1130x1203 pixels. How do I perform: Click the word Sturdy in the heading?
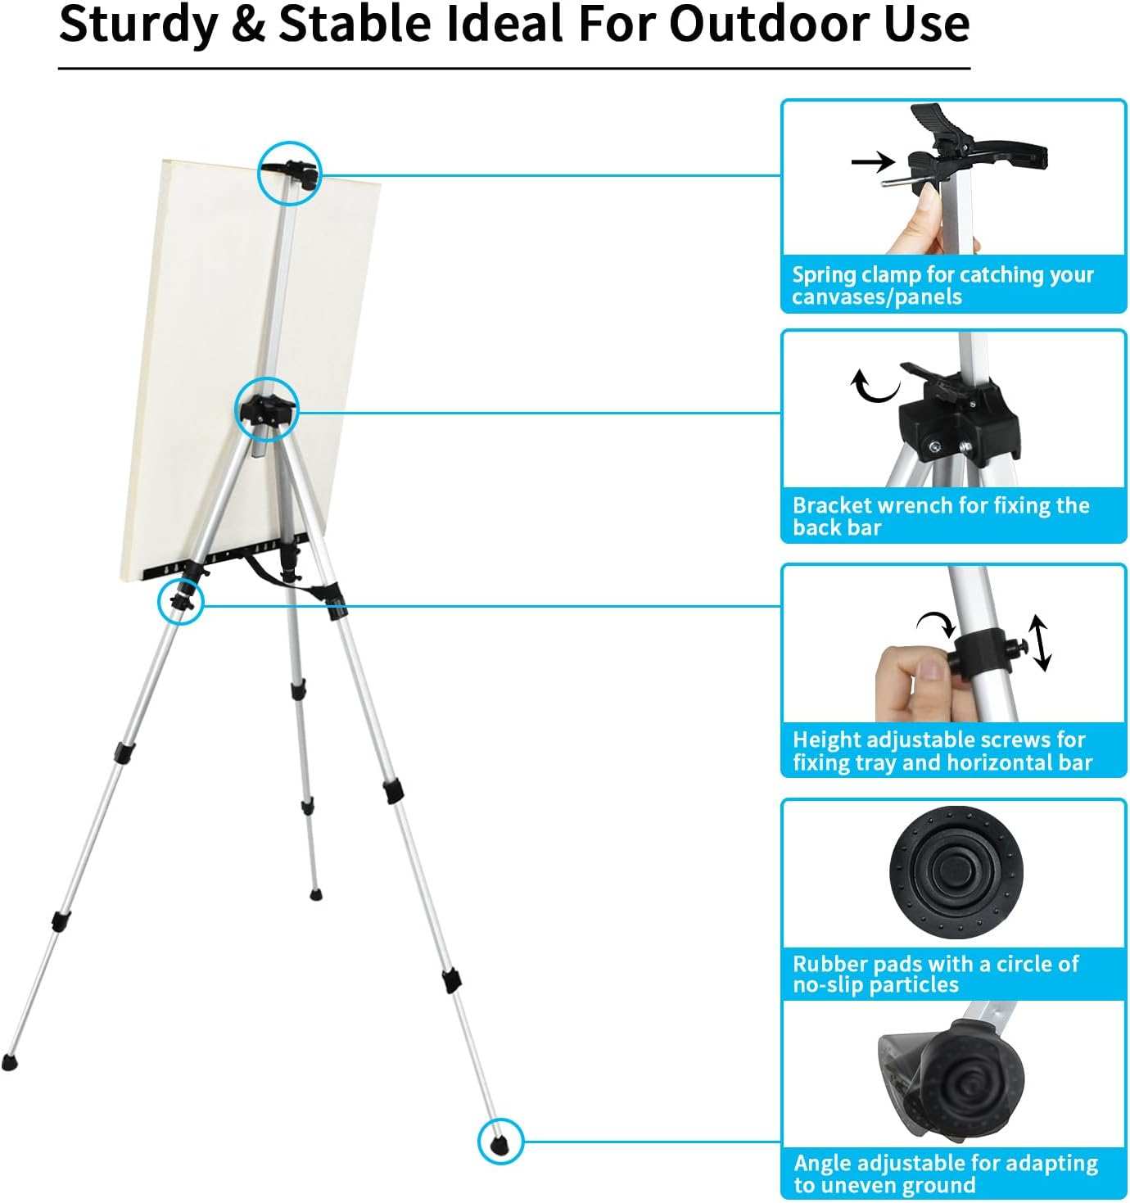tap(138, 25)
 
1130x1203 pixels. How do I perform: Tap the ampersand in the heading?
tap(248, 25)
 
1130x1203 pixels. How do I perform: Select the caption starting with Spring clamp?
tap(942, 285)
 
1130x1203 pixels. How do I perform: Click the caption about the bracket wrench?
tap(940, 516)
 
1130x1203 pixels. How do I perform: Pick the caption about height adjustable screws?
tap(942, 751)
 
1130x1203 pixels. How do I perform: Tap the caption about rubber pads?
tap(935, 974)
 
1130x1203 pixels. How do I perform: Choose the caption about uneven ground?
tap(945, 1174)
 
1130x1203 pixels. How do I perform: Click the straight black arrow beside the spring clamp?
tap(873, 161)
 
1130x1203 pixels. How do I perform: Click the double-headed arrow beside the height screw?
tap(1040, 644)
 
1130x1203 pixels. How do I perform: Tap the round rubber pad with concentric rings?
tap(956, 872)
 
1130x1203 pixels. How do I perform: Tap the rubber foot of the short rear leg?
tap(315, 894)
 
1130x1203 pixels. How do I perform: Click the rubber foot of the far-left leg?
tap(9, 1062)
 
